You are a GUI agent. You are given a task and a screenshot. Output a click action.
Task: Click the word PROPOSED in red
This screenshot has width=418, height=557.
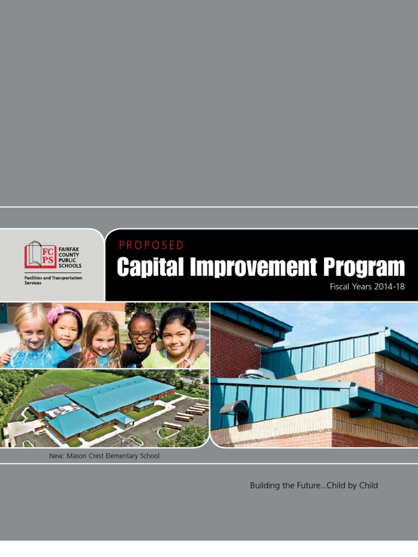[x=151, y=245]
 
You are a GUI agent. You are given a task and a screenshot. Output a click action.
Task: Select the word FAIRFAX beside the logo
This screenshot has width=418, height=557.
[x=70, y=249]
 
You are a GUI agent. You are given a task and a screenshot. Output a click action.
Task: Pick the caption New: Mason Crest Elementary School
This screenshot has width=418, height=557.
[x=104, y=456]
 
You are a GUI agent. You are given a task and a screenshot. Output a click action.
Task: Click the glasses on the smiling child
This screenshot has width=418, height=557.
[x=140, y=335]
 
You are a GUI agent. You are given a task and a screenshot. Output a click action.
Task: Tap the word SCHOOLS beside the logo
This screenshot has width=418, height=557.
[x=70, y=266]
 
